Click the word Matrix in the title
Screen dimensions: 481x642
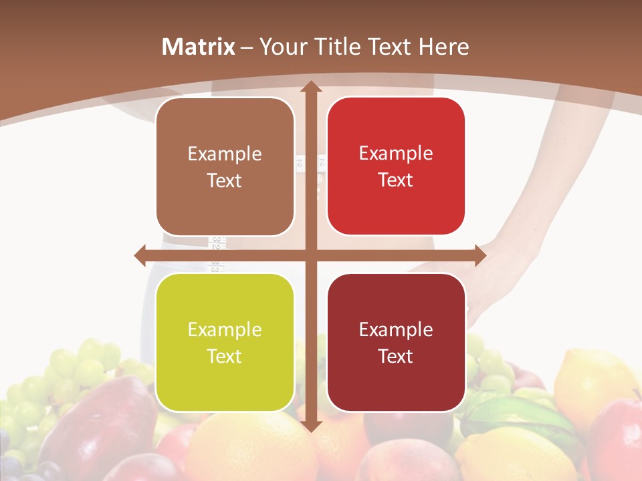pos(199,47)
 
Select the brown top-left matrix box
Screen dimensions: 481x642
pos(225,166)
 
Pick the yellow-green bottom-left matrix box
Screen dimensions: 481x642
pos(225,342)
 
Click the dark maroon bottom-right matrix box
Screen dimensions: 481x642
pos(396,342)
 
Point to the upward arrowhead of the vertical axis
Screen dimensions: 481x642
pos(310,87)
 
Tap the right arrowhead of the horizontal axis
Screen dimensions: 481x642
pos(479,255)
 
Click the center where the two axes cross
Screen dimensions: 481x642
pos(310,255)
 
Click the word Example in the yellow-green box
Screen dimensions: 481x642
pos(225,329)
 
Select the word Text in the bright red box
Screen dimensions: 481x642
pos(396,180)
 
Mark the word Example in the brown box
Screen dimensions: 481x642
pos(225,154)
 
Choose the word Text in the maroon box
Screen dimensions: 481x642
pos(396,356)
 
